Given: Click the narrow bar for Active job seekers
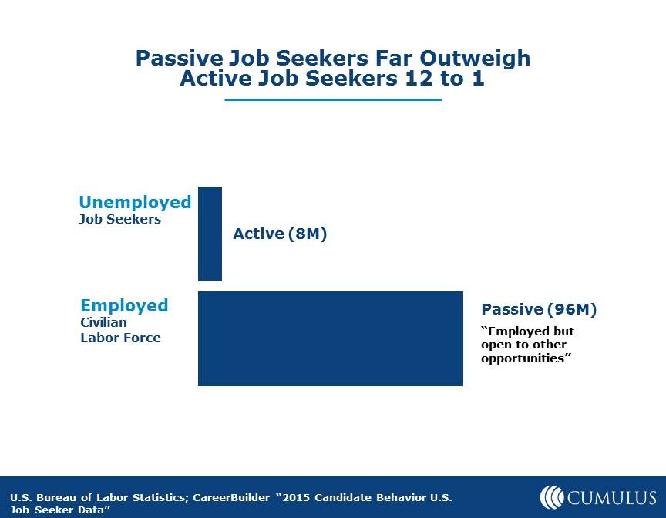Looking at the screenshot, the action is pyautogui.click(x=210, y=234).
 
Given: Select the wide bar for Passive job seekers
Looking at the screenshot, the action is pyautogui.click(x=331, y=338).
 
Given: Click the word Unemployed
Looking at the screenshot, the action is pyautogui.click(x=135, y=203).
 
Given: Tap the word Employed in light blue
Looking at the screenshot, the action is pyautogui.click(x=124, y=306).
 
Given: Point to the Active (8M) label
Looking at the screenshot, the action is pyautogui.click(x=280, y=234).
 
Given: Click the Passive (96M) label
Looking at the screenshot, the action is pyautogui.click(x=539, y=309).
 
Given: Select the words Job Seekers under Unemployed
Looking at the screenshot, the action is pyautogui.click(x=120, y=219).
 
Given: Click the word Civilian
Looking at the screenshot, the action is pyautogui.click(x=103, y=322).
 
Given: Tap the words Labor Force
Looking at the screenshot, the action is pyautogui.click(x=120, y=338).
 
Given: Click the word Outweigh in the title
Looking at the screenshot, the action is pyautogui.click(x=475, y=59).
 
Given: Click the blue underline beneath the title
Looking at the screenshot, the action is pyautogui.click(x=333, y=99).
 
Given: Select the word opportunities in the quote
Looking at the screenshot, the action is pyautogui.click(x=523, y=358).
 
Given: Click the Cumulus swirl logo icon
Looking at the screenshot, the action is pyautogui.click(x=552, y=497).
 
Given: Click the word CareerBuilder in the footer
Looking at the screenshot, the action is pyautogui.click(x=231, y=497).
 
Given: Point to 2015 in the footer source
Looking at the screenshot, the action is pyautogui.click(x=296, y=497).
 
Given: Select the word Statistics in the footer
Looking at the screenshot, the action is pyautogui.click(x=159, y=497).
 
